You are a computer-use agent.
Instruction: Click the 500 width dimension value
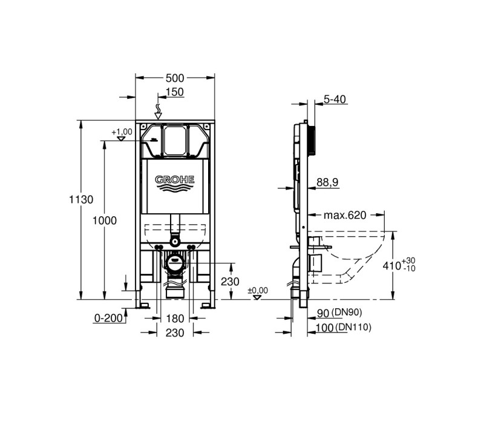[x=175, y=78]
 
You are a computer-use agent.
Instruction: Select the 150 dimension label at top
[x=175, y=92]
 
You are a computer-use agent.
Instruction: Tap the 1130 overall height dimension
[x=81, y=200]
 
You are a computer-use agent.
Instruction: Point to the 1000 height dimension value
[x=105, y=220]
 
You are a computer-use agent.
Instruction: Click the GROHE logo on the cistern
[x=175, y=184]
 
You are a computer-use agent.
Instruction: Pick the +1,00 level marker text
[x=122, y=131]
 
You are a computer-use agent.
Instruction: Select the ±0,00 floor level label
[x=258, y=291]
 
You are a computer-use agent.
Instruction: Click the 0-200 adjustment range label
[x=108, y=318]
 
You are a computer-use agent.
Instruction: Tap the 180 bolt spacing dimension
[x=175, y=319]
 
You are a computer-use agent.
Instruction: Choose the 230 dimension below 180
[x=175, y=333]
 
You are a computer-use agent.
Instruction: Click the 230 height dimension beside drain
[x=230, y=282]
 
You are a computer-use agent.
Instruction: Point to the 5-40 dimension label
[x=335, y=99]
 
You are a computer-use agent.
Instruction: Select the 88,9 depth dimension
[x=327, y=182]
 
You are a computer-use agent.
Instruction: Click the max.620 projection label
[x=345, y=215]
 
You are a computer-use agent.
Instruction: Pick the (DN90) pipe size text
[x=346, y=313]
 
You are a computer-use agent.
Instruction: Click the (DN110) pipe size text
[x=353, y=327]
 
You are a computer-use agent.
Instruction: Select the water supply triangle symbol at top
[x=159, y=116]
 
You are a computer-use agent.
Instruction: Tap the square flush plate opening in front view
[x=175, y=141]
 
